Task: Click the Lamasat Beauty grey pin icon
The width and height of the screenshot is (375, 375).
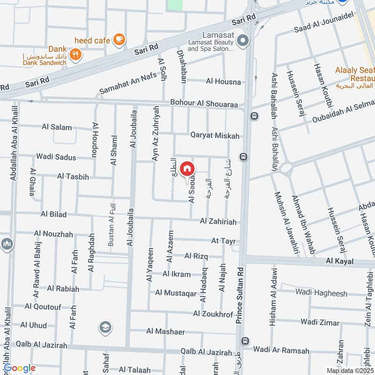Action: click(242, 41)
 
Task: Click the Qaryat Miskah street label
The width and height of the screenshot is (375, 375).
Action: click(215, 135)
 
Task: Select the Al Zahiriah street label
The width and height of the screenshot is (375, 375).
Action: click(218, 221)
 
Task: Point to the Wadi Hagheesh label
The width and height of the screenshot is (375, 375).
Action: click(321, 293)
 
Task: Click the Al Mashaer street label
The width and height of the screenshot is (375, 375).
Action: click(165, 331)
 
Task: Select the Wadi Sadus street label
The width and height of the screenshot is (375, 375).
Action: click(56, 157)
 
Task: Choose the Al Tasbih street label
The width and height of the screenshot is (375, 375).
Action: click(73, 176)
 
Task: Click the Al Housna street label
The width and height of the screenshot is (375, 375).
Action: click(223, 82)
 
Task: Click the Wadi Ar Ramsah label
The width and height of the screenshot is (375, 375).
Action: click(281, 350)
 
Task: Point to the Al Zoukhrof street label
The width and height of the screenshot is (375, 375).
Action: click(213, 314)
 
